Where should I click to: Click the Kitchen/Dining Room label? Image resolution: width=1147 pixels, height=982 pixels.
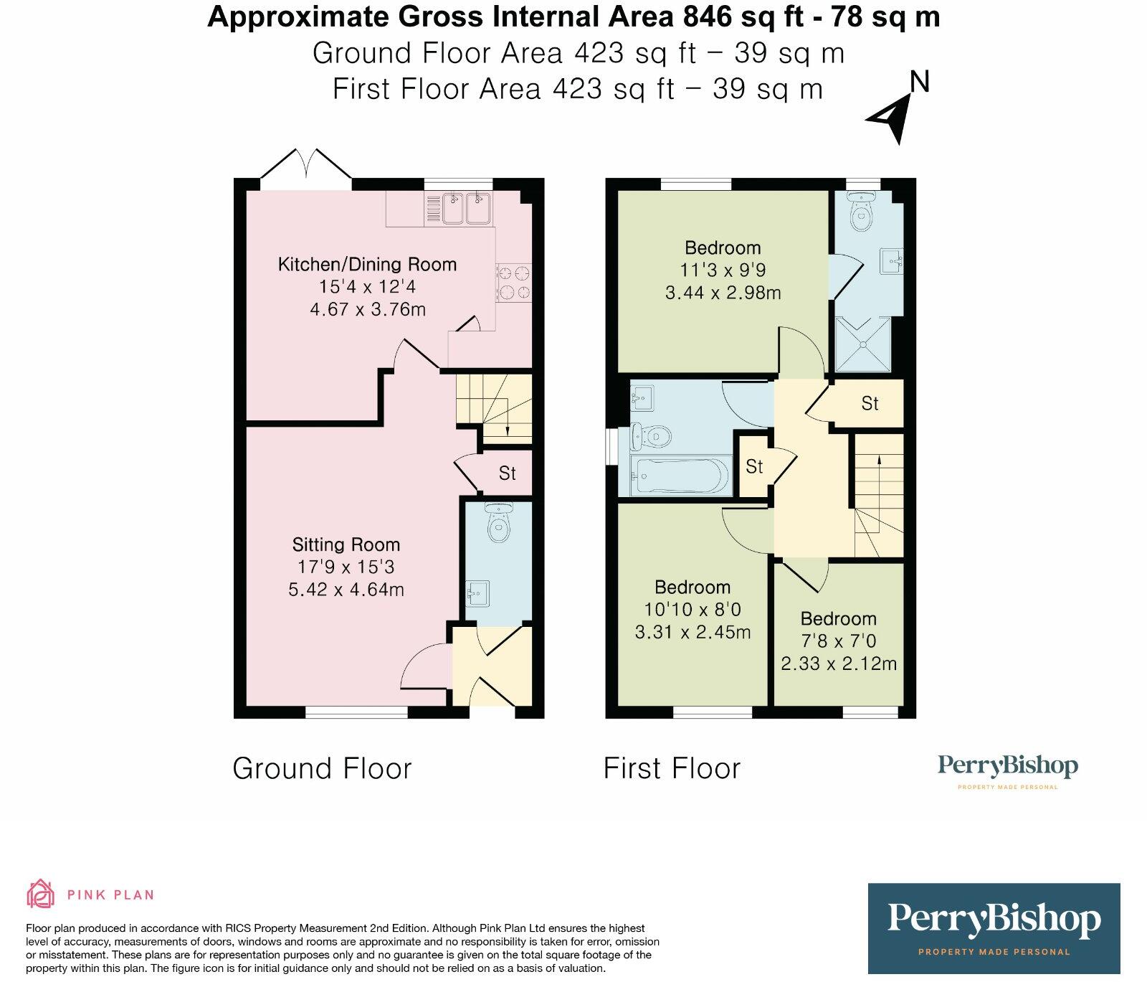[x=367, y=264]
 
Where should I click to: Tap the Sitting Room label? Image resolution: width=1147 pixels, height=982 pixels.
[x=346, y=544]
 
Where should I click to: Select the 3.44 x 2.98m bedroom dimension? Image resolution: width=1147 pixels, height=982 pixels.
[x=723, y=293]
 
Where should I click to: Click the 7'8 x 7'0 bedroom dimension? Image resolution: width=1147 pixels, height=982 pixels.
[x=838, y=641]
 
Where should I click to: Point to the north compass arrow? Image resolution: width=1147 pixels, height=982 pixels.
[x=893, y=118]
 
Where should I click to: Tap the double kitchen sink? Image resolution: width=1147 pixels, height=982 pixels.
[x=466, y=208]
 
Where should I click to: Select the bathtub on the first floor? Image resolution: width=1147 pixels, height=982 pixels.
[x=680, y=475]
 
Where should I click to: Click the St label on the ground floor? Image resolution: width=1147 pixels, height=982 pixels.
[x=508, y=473]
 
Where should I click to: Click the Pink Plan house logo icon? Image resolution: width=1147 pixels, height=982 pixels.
[x=40, y=894]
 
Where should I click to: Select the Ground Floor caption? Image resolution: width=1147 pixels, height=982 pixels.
[x=322, y=768]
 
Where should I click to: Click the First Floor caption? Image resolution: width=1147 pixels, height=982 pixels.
[x=672, y=768]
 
